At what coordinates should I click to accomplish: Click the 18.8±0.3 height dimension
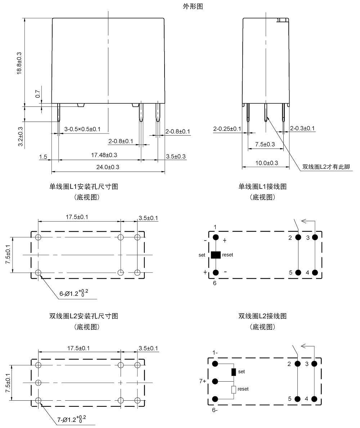pos(19,63)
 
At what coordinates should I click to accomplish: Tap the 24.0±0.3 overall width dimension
pos(108,167)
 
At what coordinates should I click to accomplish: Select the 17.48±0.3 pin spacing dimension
pos(104,155)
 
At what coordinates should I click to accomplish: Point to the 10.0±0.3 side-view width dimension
pos(267,163)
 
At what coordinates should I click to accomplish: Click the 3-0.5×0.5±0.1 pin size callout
pos(82,129)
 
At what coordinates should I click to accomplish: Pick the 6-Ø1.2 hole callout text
pos(74,293)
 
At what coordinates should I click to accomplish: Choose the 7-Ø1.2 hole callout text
pos(72,419)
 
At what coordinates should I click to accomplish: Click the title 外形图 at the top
pos(193,6)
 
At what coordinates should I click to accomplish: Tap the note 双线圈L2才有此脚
pos(326,167)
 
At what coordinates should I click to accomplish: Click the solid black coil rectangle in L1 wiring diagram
pos(216,255)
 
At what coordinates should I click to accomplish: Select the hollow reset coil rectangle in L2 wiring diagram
pos(234,390)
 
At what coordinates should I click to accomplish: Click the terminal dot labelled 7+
pos(215,381)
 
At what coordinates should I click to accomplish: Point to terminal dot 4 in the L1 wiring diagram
pos(315,272)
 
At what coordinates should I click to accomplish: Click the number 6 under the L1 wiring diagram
pos(215,283)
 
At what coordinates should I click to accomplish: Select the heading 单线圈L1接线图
pos(262,187)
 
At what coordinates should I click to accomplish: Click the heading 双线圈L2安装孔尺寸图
pos(84,316)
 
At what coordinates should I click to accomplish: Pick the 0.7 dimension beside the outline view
pos(38,94)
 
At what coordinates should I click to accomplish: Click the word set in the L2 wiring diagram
pos(242,372)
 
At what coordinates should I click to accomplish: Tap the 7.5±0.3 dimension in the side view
pos(265,144)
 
